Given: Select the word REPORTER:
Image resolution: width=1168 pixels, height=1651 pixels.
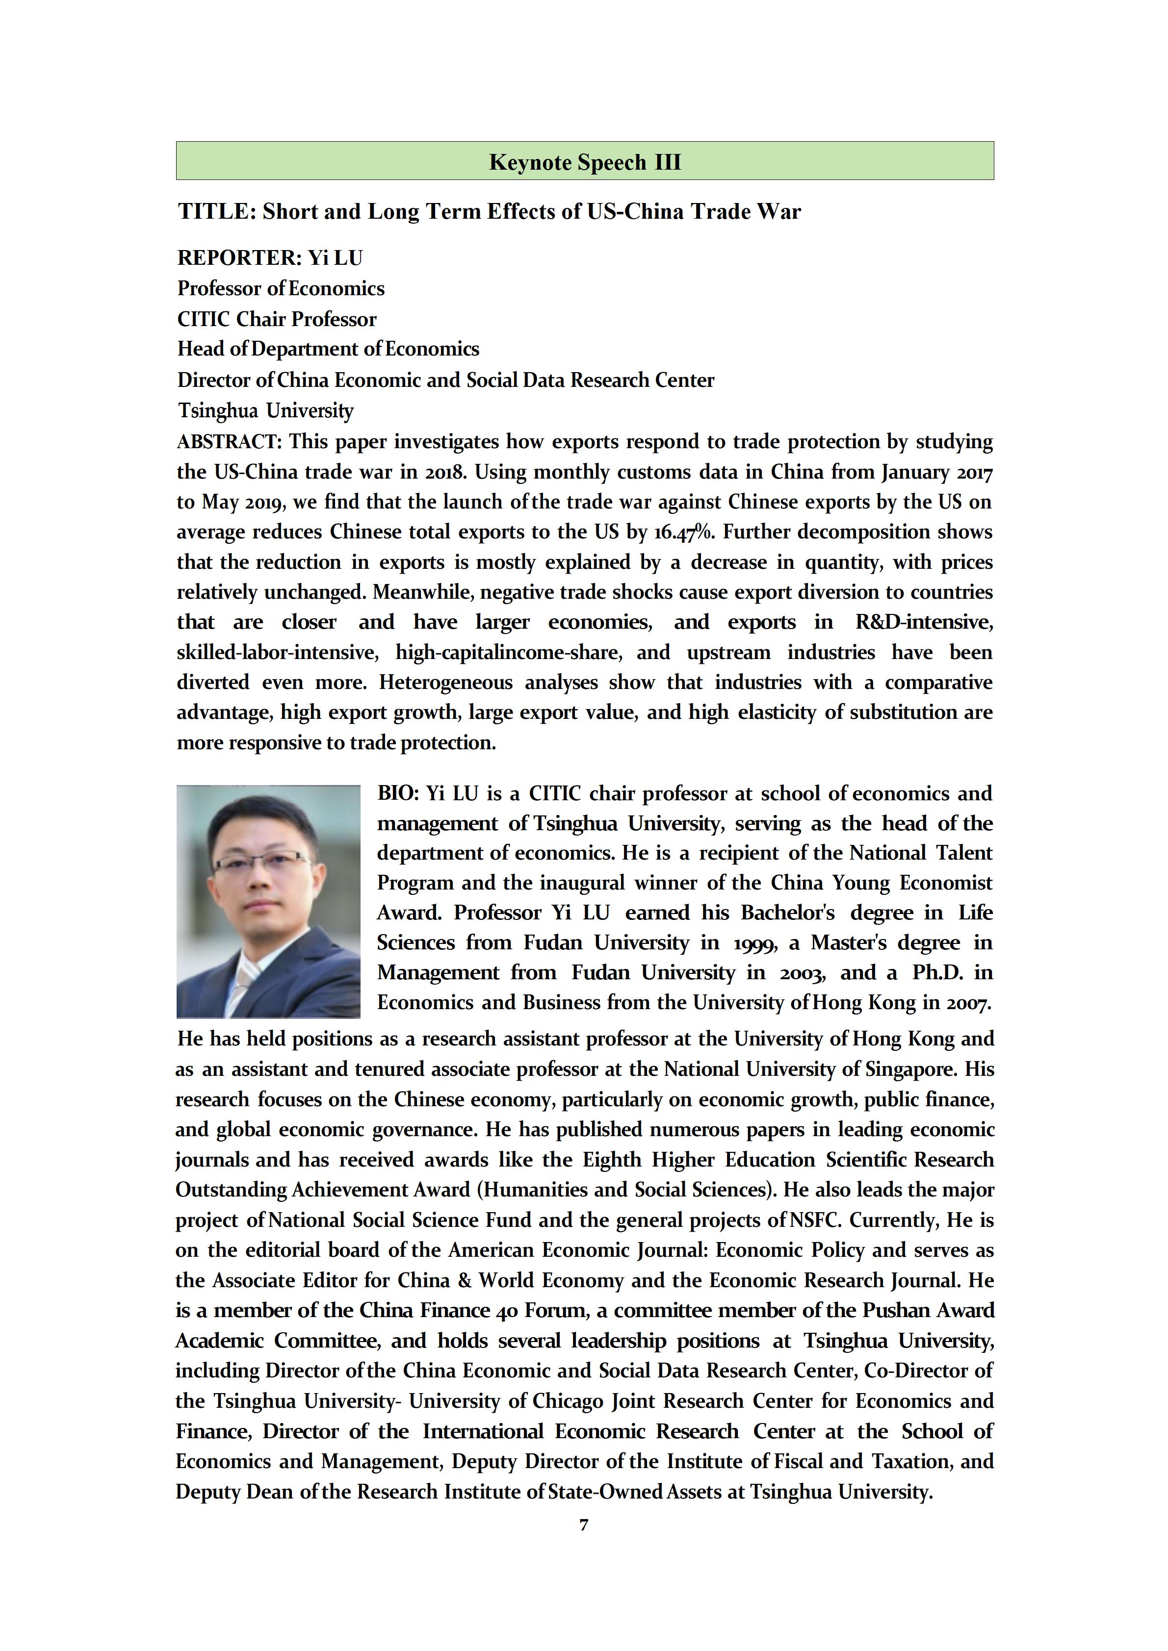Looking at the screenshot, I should (x=239, y=257).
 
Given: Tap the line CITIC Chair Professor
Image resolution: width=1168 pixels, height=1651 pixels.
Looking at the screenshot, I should (x=277, y=319).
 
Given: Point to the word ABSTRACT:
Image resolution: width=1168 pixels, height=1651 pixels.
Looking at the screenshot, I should (x=229, y=441).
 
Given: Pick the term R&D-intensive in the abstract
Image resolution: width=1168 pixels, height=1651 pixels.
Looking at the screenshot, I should (x=924, y=622).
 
